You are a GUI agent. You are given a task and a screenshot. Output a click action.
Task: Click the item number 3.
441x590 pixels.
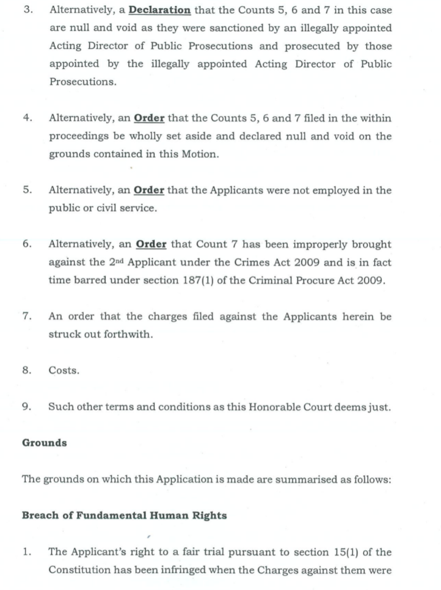pos(26,10)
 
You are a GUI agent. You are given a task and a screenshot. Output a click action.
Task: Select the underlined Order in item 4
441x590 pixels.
pos(149,118)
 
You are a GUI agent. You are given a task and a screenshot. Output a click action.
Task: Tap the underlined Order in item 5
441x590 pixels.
pos(149,190)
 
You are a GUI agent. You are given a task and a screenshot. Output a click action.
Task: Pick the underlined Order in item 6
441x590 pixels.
pos(151,244)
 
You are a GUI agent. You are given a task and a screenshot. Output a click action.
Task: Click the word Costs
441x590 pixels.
pos(64,370)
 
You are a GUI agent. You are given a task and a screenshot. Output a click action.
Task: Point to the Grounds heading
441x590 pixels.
pos(44,442)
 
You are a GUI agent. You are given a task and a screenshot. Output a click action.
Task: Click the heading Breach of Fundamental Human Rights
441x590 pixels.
pos(124,515)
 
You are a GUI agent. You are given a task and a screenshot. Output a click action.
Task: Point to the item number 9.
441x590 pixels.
pos(26,407)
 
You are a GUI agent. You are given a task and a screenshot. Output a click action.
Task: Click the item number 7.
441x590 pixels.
pos(26,316)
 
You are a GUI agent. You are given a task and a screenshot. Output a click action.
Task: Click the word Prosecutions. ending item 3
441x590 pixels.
pos(82,82)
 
